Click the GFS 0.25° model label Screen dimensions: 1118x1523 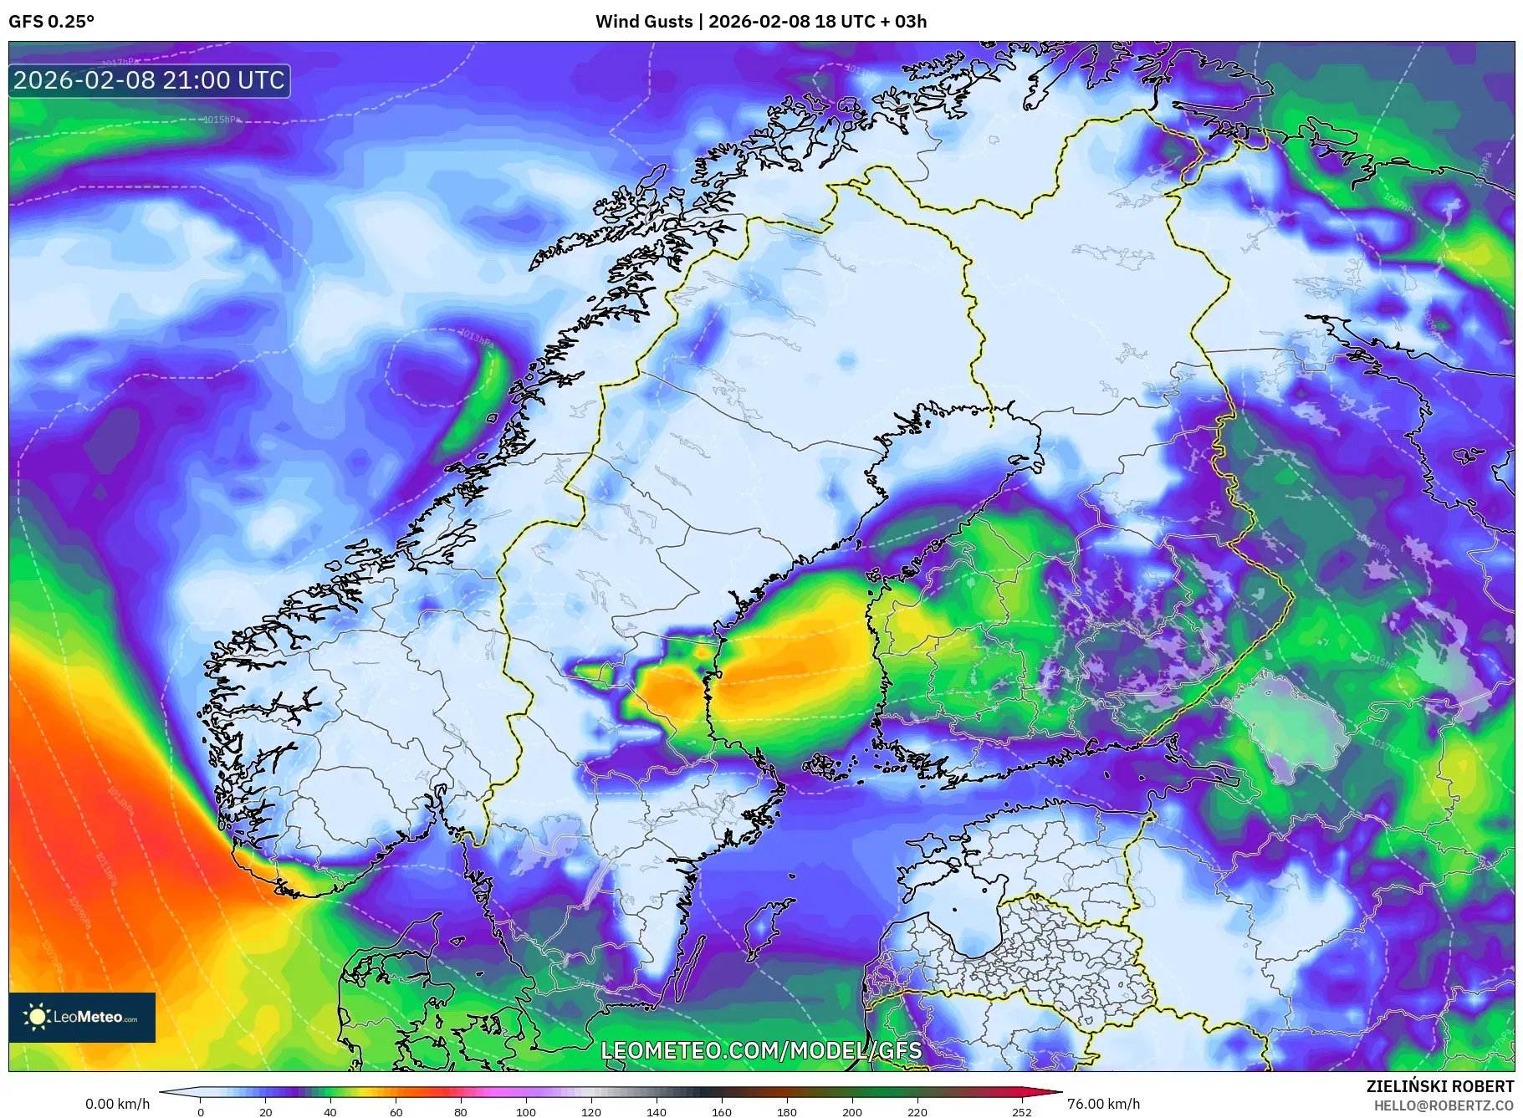click(51, 22)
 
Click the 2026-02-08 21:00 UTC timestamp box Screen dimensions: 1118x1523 click(149, 80)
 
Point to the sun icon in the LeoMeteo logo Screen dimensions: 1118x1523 click(38, 1017)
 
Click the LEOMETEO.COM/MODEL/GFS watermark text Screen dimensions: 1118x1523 click(761, 1050)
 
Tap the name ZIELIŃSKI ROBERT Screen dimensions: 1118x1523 click(1439, 1086)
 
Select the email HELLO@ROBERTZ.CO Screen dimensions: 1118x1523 click(1444, 1105)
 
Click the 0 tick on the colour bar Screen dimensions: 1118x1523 click(201, 1111)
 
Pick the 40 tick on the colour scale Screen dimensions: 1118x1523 click(330, 1111)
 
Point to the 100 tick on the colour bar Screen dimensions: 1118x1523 click(525, 1111)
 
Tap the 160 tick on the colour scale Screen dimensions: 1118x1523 click(721, 1111)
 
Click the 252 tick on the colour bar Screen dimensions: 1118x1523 click(1021, 1111)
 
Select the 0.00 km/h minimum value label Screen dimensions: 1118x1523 click(118, 1104)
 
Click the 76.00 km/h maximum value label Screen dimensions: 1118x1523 click(1103, 1104)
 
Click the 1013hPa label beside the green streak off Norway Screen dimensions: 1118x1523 click(477, 338)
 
